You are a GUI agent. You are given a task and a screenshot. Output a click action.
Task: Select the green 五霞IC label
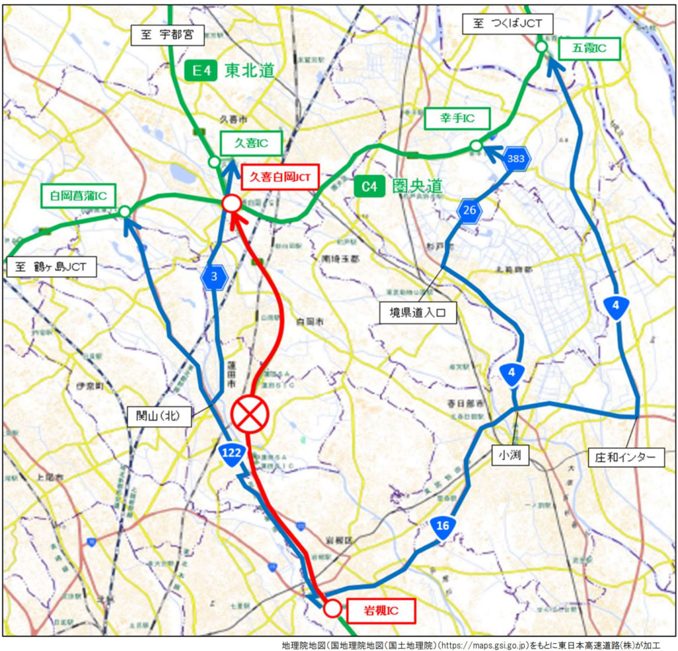pyautogui.click(x=588, y=48)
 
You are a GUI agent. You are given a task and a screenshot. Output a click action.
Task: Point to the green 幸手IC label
pyautogui.click(x=457, y=119)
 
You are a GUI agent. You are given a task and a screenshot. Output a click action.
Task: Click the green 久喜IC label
pyautogui.click(x=252, y=143)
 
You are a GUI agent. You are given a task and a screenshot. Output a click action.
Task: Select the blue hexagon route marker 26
pyautogui.click(x=469, y=211)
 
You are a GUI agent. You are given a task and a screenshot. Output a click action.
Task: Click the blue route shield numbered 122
pyautogui.click(x=232, y=454)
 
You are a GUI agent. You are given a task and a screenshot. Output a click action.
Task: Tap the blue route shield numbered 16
pyautogui.click(x=443, y=527)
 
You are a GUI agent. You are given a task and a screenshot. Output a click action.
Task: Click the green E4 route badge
pyautogui.click(x=201, y=70)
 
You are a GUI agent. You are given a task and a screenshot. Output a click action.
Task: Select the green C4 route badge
pyautogui.click(x=369, y=187)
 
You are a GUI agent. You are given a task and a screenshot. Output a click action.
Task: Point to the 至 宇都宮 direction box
pyautogui.click(x=168, y=35)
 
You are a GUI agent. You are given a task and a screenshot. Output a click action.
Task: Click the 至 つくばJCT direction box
pyautogui.click(x=508, y=25)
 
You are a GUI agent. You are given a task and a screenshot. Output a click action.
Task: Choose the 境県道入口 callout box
pyautogui.click(x=418, y=312)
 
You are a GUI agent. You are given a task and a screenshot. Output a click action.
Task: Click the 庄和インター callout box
pyautogui.click(x=626, y=456)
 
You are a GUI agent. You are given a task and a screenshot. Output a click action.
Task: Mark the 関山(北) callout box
pyautogui.click(x=159, y=416)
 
